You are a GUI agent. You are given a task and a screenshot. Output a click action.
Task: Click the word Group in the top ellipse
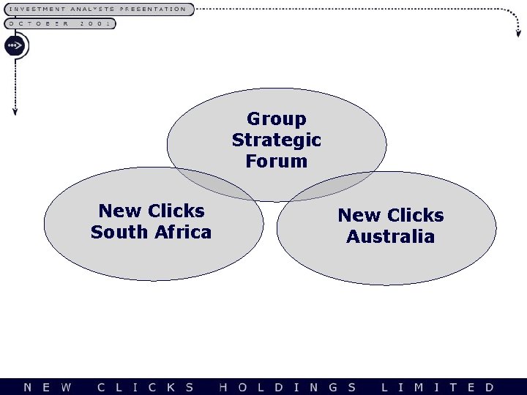277,118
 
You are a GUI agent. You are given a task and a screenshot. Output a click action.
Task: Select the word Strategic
277,140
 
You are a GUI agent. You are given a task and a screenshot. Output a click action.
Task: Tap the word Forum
277,161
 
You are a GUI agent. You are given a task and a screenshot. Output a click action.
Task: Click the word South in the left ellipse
120,233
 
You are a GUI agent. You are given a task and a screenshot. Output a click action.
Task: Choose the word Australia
390,237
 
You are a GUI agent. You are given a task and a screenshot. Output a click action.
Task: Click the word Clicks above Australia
416,216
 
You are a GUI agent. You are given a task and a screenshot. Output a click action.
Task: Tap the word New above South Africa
119,211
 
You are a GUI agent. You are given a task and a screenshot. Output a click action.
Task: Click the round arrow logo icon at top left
15,46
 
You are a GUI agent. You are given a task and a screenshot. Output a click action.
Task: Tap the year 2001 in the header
95,23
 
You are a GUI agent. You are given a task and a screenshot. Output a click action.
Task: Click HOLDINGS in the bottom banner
288,387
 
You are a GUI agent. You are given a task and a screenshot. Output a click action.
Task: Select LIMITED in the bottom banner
438,387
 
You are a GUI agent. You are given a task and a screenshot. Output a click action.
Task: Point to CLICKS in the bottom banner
146,387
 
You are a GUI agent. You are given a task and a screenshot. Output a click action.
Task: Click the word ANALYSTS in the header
93,10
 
